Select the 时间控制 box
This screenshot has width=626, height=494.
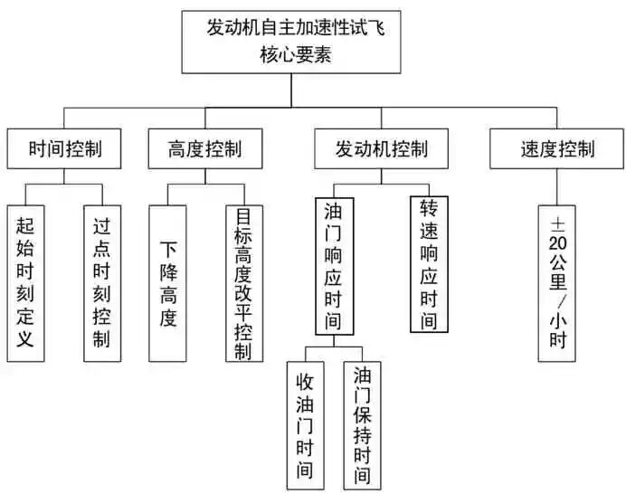point(64,147)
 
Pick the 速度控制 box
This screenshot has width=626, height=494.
point(556,147)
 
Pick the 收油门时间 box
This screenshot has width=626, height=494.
point(305,423)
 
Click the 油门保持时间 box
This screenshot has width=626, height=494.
point(362,423)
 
